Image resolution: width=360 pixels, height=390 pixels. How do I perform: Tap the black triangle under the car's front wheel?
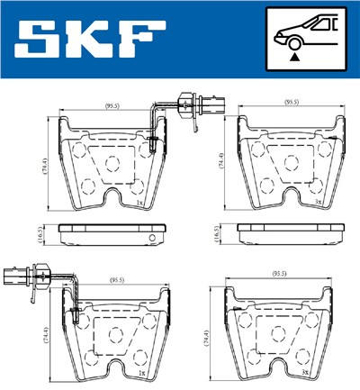pyautogui.click(x=295, y=56)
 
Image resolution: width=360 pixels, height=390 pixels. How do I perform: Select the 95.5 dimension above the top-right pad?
pyautogui.click(x=292, y=104)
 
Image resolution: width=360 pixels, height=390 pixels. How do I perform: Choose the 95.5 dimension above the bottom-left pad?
pyautogui.click(x=116, y=280)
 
